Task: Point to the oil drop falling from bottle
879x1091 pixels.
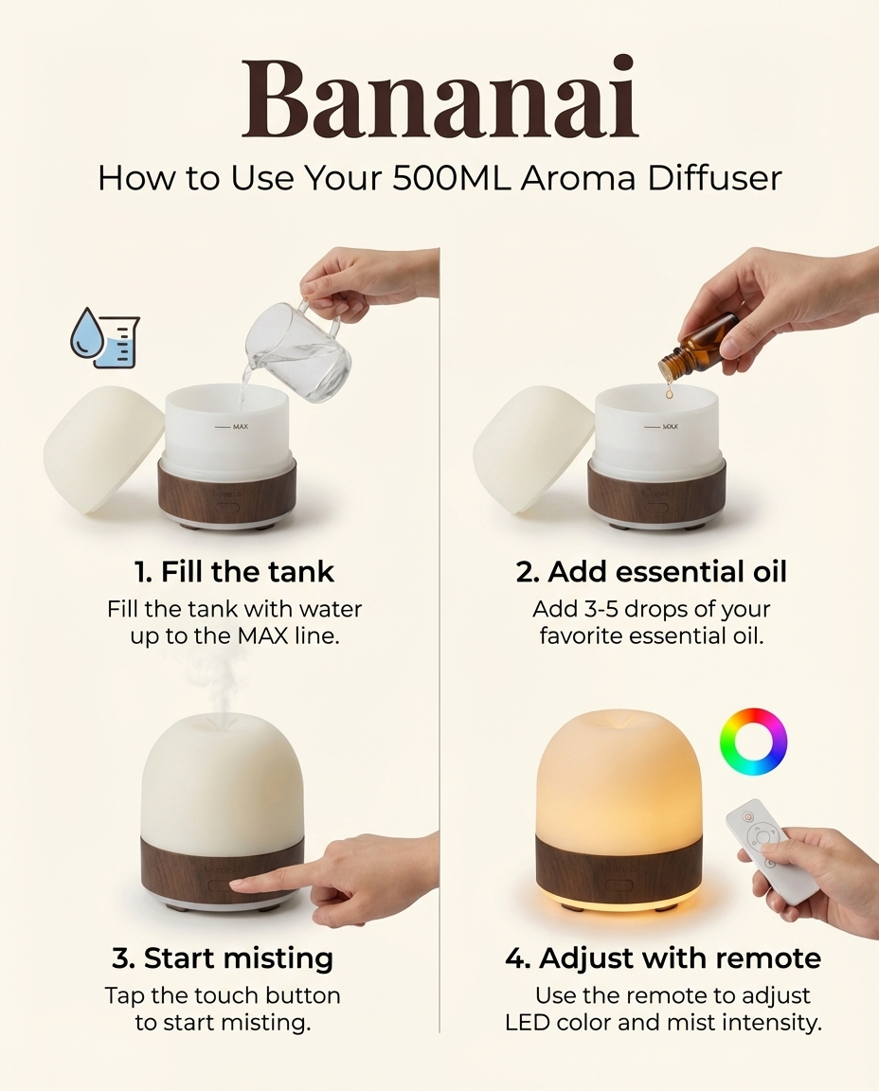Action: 669,389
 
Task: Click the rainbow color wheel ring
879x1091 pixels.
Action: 753,742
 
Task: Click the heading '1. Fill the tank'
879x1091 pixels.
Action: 234,572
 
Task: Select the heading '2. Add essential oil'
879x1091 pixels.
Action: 652,572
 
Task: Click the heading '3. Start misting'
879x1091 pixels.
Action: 223,957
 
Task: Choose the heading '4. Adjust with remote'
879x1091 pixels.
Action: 663,957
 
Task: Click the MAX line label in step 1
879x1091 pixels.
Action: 239,427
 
